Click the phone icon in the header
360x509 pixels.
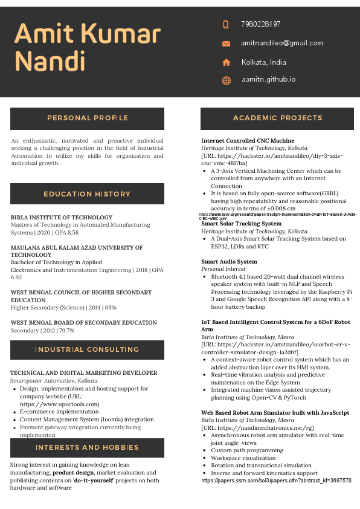pyautogui.click(x=226, y=25)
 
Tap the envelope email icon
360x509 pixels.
pyautogui.click(x=226, y=44)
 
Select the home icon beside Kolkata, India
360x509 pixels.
pyautogui.click(x=226, y=62)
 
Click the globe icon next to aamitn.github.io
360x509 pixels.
pyautogui.click(x=226, y=80)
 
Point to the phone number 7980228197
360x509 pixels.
pyautogui.click(x=260, y=25)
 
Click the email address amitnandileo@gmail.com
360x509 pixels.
pyautogui.click(x=282, y=44)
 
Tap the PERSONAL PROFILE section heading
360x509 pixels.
pyautogui.click(x=88, y=118)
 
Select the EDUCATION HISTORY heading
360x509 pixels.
pyautogui.click(x=87, y=194)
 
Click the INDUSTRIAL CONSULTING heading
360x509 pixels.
pyautogui.click(x=87, y=350)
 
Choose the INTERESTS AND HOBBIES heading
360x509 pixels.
pyautogui.click(x=87, y=448)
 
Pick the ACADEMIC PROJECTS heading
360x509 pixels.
pyautogui.click(x=277, y=118)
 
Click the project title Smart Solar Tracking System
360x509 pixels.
pyautogui.click(x=241, y=224)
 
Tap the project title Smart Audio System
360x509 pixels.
pyautogui.click(x=229, y=262)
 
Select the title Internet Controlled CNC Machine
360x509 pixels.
pyautogui.click(x=248, y=141)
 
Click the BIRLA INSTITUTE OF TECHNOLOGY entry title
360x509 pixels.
pyautogui.click(x=62, y=218)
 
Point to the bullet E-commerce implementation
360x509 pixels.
pyautogui.click(x=59, y=412)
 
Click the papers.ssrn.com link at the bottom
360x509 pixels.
pyautogui.click(x=276, y=481)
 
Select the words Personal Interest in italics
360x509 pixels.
pyautogui.click(x=223, y=269)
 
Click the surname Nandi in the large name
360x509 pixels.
pyautogui.click(x=50, y=61)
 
